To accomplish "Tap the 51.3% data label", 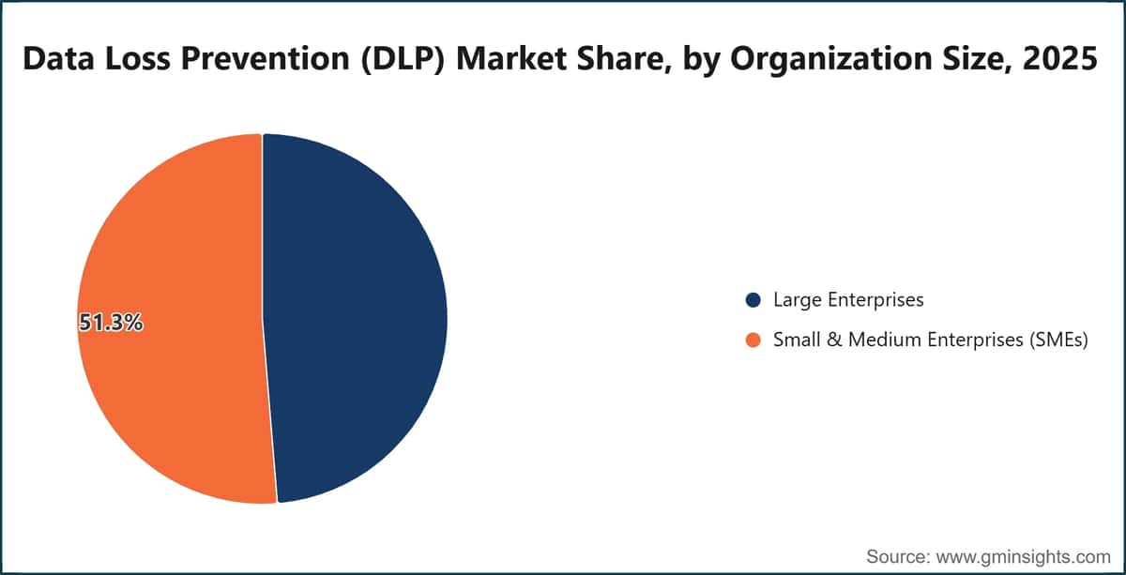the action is coord(111,322).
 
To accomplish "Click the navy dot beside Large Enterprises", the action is coord(753,300).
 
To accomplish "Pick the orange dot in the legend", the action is coord(753,340).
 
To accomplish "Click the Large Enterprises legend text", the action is coord(848,300).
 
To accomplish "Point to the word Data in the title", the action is coord(58,58).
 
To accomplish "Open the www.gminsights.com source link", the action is coord(1024,557).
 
